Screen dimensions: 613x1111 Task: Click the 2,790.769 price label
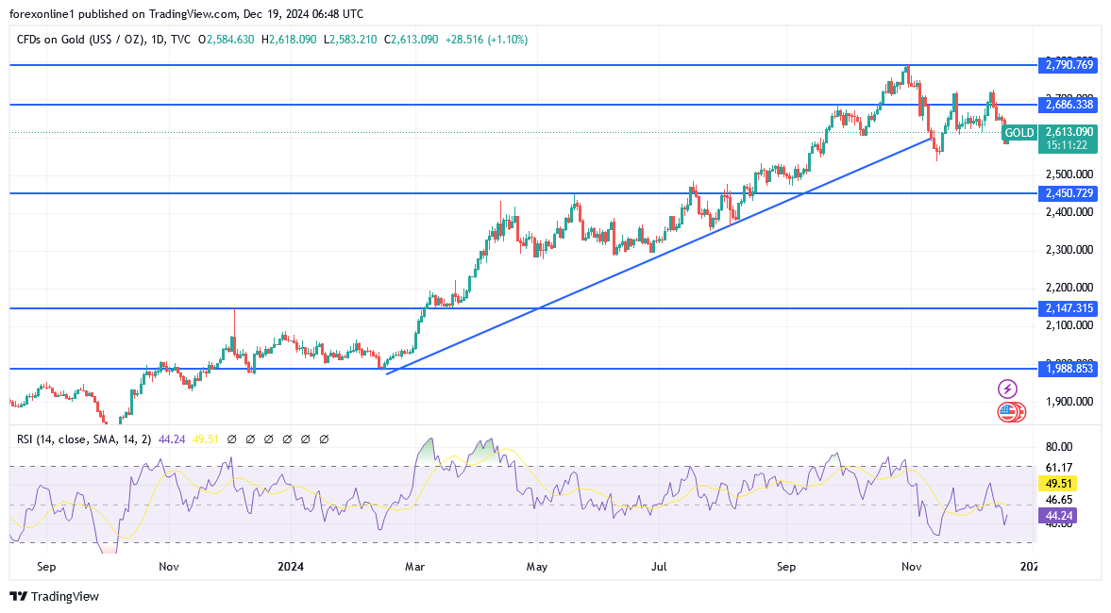point(1069,65)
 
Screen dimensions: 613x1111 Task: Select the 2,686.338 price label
point(1069,105)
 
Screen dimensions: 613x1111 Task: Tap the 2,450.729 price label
point(1069,193)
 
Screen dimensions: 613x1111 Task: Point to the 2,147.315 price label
point(1069,308)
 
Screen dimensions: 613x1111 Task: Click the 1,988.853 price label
point(1069,369)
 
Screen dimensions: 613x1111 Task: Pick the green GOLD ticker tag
point(1019,133)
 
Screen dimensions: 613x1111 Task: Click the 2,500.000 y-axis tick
point(1069,174)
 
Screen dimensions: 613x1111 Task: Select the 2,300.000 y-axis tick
point(1069,250)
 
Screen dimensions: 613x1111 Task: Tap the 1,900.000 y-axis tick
point(1069,401)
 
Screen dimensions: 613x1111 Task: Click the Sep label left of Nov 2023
point(46,567)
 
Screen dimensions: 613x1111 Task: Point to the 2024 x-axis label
point(291,567)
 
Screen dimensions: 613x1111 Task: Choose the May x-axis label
point(537,567)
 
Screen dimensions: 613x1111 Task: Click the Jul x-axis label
point(659,567)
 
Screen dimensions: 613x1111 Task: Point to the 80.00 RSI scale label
point(1060,447)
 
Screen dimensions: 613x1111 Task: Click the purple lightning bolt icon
point(1007,389)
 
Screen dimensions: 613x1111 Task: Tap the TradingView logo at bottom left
point(54,596)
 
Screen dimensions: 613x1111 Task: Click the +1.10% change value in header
point(508,40)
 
